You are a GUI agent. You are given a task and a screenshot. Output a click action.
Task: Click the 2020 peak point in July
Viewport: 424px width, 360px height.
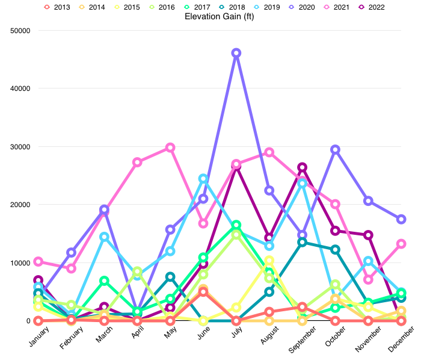click(x=236, y=53)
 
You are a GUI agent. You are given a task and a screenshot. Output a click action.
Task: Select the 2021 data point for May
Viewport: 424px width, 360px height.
click(x=170, y=147)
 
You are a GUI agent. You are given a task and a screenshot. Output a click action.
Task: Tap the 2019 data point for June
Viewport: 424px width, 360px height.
click(x=203, y=179)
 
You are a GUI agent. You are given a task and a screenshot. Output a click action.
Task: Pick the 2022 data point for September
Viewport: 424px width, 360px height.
click(x=303, y=167)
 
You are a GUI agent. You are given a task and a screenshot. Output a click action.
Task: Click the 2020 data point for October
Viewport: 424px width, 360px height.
click(x=336, y=149)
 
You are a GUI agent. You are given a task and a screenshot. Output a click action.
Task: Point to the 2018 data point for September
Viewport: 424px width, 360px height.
click(x=303, y=242)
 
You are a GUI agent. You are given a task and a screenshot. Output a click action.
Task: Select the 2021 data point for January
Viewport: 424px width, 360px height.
click(x=38, y=261)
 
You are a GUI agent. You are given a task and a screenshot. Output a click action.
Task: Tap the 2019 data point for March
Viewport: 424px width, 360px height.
click(x=104, y=237)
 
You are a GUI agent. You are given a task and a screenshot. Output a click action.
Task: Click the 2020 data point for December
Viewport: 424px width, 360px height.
click(x=401, y=219)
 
